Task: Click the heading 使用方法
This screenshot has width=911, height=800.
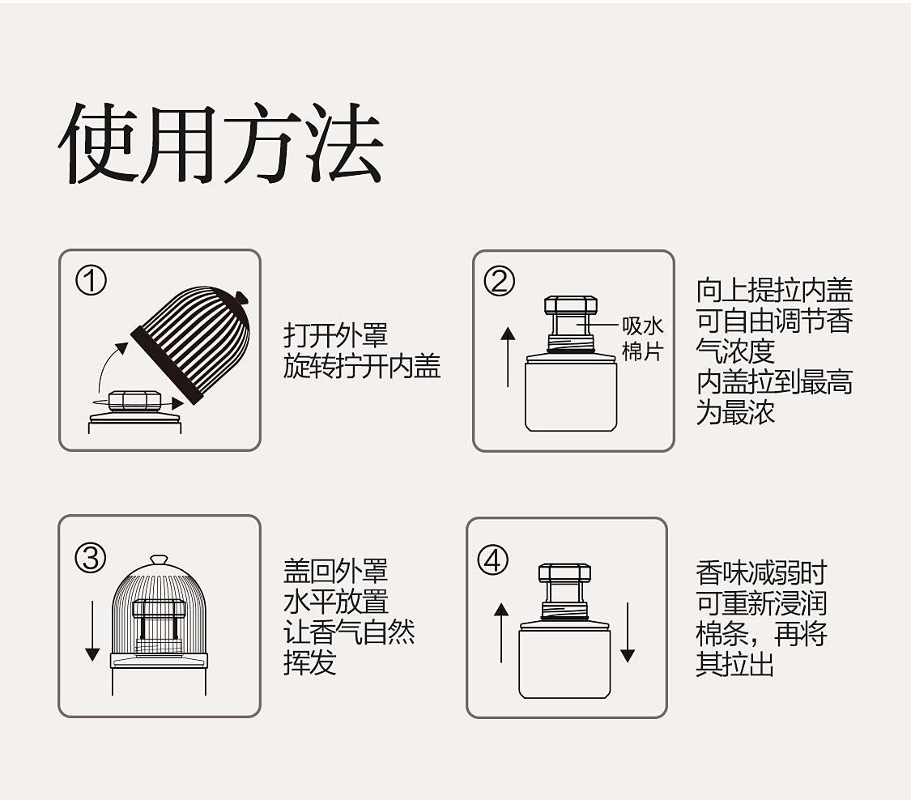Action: tap(221, 143)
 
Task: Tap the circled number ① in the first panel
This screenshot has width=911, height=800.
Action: tap(92, 281)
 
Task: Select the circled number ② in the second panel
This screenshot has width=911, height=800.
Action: tap(500, 281)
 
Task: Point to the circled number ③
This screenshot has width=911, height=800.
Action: tap(91, 559)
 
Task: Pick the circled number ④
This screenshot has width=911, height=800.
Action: tap(492, 560)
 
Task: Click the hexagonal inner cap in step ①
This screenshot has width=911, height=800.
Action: tap(134, 400)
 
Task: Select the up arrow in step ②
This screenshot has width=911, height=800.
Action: tap(508, 357)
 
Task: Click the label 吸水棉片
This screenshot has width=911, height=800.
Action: tap(643, 338)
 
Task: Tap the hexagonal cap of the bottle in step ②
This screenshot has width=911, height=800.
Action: tap(571, 305)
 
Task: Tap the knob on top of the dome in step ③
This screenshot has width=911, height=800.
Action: tap(160, 560)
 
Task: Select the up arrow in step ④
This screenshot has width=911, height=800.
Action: tap(501, 632)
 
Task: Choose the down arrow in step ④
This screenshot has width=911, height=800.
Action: tap(628, 632)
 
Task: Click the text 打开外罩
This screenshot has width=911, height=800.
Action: tap(336, 336)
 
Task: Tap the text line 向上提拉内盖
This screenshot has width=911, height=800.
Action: tap(774, 290)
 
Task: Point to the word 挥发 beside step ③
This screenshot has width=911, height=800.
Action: tap(309, 662)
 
